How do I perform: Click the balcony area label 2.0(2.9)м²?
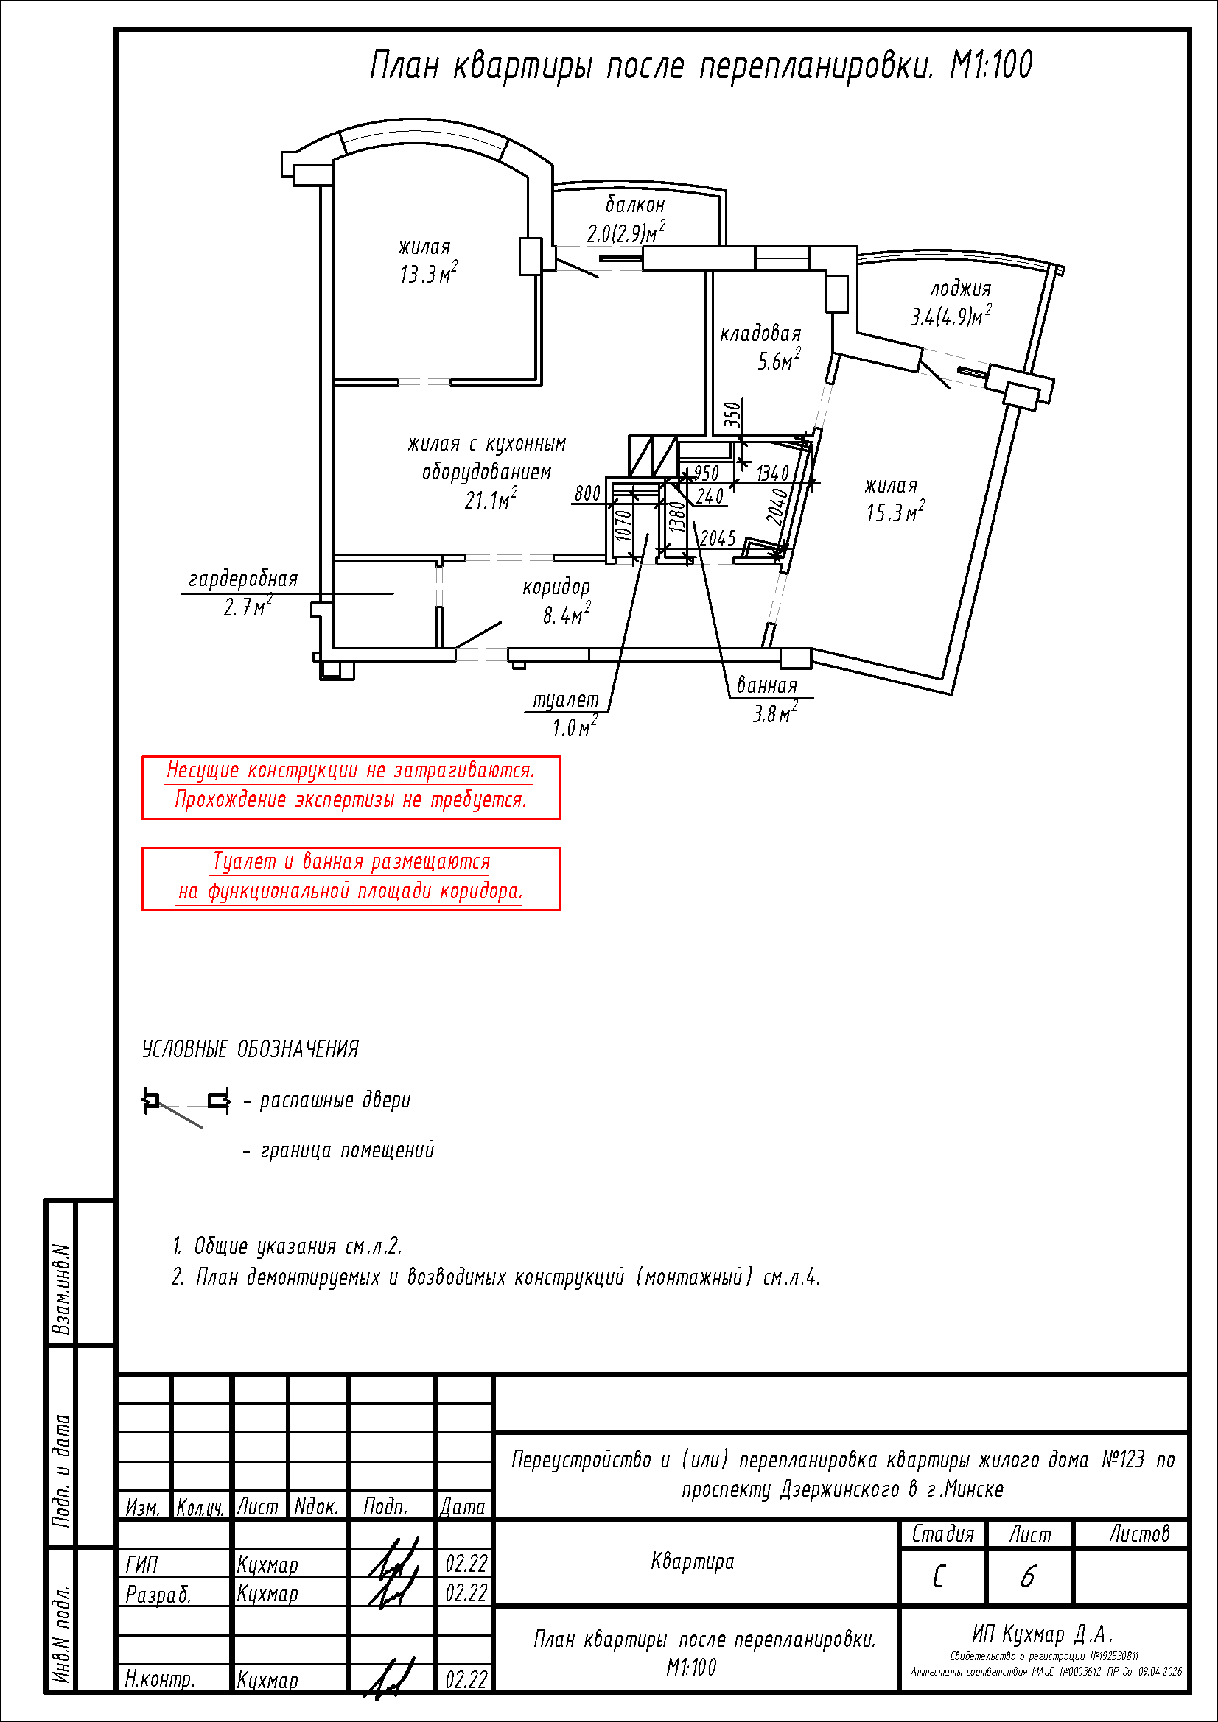tap(625, 233)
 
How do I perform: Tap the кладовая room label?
tap(760, 334)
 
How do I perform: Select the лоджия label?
tap(961, 289)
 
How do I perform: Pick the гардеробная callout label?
tap(243, 579)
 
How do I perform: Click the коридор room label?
tap(556, 587)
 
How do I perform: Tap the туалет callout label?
tap(566, 699)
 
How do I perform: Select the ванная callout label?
tap(767, 685)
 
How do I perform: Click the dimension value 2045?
tap(718, 537)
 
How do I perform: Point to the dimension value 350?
tap(732, 414)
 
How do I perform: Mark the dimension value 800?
tap(587, 493)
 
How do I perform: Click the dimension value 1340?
tap(772, 473)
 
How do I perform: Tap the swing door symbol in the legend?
tap(186, 1105)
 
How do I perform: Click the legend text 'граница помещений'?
tap(347, 1150)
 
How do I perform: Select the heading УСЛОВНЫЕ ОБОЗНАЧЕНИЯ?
tap(251, 1048)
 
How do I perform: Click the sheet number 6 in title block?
tap(1028, 1577)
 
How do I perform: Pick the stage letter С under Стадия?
tap(939, 1577)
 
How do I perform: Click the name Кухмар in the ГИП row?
tap(267, 1564)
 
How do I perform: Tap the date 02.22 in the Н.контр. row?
tap(466, 1679)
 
